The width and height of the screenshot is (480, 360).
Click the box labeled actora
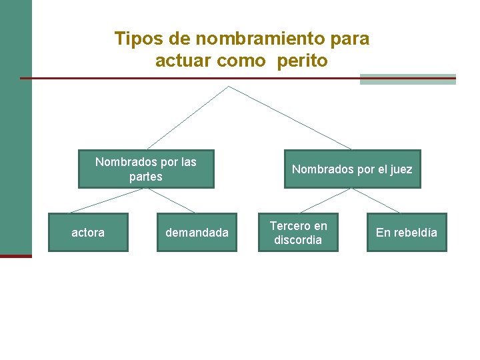click(88, 232)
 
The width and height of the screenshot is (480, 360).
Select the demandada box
click(197, 232)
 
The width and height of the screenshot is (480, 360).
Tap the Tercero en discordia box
click(298, 232)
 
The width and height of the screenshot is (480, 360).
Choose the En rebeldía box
click(407, 232)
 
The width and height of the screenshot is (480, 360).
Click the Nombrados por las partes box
click(146, 169)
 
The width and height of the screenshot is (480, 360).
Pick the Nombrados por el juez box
click(352, 169)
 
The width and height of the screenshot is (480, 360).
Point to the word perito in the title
click(304, 61)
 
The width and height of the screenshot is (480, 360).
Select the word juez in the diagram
click(401, 169)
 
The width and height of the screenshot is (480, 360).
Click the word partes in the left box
click(146, 177)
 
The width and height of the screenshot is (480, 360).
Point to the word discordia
click(298, 240)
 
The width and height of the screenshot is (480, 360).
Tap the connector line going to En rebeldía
click(375, 201)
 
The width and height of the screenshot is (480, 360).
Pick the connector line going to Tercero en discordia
click(325, 201)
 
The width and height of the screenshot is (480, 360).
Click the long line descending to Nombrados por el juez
click(290, 117)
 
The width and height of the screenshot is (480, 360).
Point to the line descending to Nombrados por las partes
click(188, 117)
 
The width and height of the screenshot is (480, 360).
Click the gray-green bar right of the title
click(407, 79)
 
